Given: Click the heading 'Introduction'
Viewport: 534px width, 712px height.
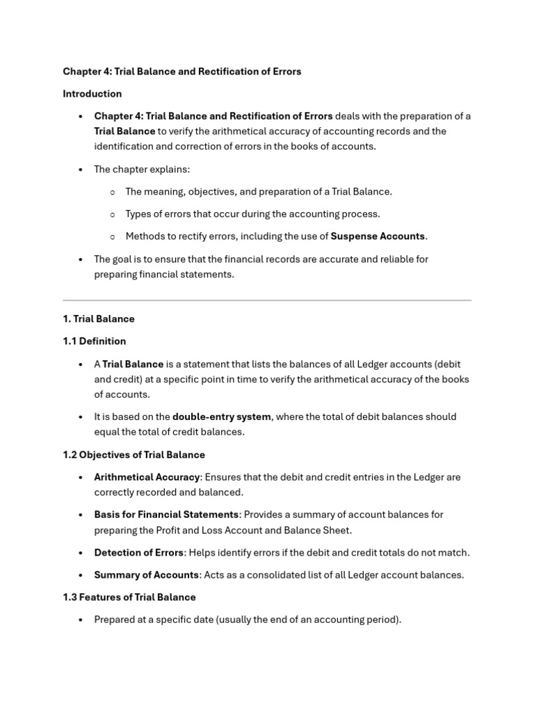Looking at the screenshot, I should click(92, 94).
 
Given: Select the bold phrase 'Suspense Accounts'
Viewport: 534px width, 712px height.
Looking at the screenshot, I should click(378, 236).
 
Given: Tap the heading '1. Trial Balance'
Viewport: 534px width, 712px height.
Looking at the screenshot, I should click(98, 319).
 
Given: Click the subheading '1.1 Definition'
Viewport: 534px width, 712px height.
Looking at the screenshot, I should click(94, 341).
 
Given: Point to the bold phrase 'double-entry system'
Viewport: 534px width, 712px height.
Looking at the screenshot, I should click(221, 417).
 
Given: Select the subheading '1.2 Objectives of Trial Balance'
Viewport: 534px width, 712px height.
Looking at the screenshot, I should click(133, 455).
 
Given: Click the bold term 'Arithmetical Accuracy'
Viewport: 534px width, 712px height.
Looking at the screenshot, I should click(147, 478).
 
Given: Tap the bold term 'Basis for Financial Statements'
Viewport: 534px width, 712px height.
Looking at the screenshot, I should click(166, 515).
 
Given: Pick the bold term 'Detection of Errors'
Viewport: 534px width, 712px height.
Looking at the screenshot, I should click(138, 553).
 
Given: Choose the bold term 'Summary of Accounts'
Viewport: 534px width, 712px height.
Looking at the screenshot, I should click(146, 575).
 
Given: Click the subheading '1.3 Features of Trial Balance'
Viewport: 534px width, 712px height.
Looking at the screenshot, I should click(129, 597).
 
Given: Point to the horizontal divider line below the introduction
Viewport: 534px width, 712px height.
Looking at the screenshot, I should click(267, 300).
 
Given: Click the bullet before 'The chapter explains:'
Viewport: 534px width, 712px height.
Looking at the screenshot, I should click(81, 170).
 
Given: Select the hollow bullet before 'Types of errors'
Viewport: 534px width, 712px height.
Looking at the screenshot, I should click(112, 214).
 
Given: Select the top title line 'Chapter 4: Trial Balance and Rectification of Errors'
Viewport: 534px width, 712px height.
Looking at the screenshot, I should click(182, 72).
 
